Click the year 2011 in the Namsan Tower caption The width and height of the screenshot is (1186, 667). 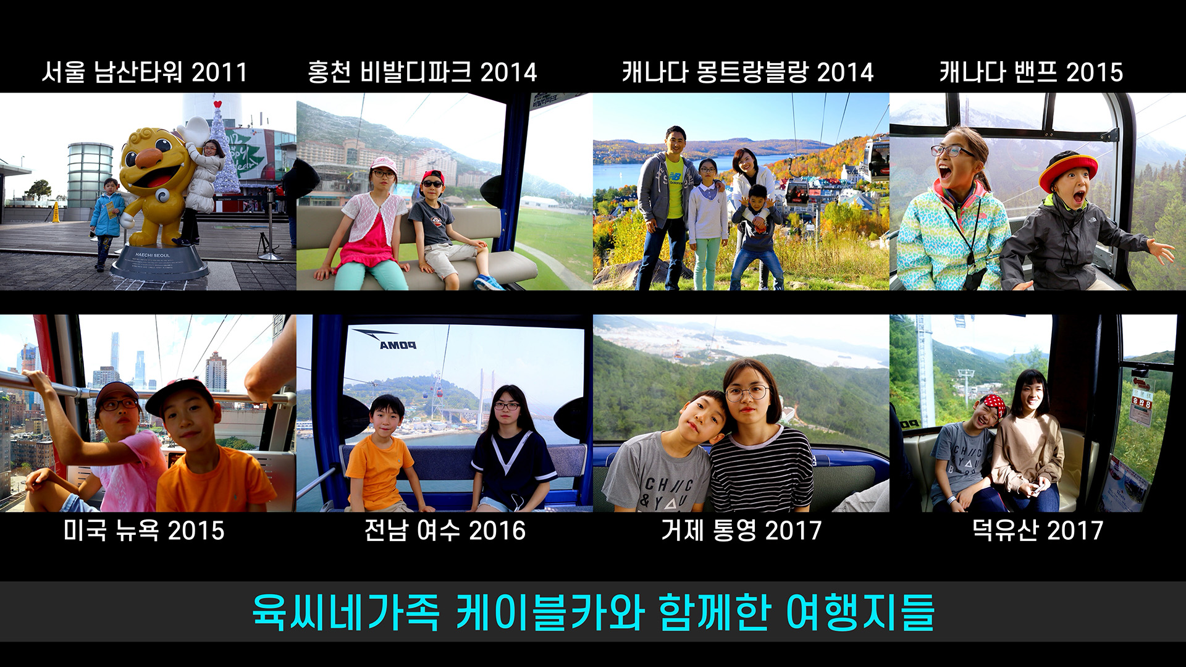pyautogui.click(x=219, y=72)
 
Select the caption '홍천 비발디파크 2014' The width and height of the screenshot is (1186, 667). pyautogui.click(x=423, y=72)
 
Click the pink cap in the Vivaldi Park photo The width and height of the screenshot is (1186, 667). pyautogui.click(x=384, y=164)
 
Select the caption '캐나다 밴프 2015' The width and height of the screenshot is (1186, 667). pyautogui.click(x=1031, y=72)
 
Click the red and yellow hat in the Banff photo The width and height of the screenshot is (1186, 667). pyautogui.click(x=1068, y=169)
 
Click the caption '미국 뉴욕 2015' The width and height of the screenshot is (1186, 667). pyautogui.click(x=144, y=531)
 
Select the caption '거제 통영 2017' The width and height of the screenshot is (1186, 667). pyautogui.click(x=741, y=531)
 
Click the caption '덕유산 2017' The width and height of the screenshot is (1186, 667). pyautogui.click(x=1038, y=531)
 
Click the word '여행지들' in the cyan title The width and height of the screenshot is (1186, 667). pyautogui.click(x=860, y=612)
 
